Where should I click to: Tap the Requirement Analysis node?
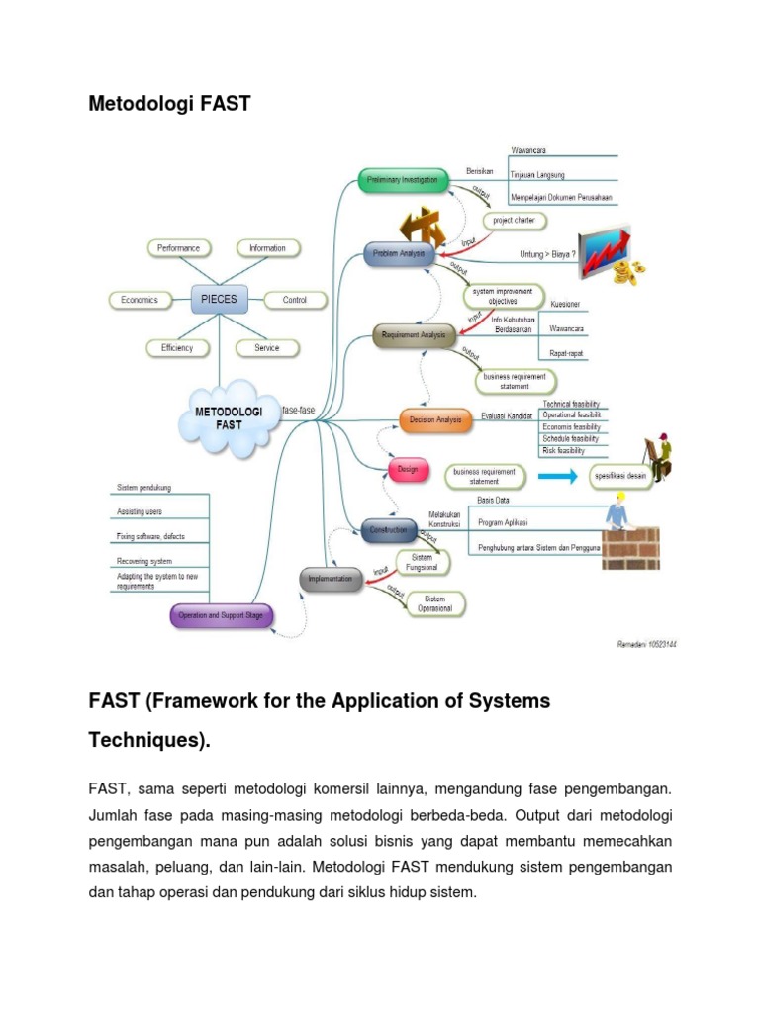(414, 336)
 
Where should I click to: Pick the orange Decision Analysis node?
(435, 419)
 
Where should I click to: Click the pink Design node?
(408, 470)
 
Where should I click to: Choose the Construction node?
(388, 530)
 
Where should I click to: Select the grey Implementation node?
(332, 580)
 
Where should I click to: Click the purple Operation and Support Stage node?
(220, 616)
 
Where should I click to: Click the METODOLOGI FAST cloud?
(228, 417)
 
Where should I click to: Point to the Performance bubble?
(178, 248)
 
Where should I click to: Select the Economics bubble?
(140, 300)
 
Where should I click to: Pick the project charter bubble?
(515, 221)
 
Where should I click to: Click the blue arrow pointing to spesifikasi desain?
(558, 477)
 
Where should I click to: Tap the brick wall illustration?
(630, 548)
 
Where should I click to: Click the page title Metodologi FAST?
(170, 103)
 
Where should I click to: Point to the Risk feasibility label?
(563, 450)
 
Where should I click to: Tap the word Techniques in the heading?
(148, 740)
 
